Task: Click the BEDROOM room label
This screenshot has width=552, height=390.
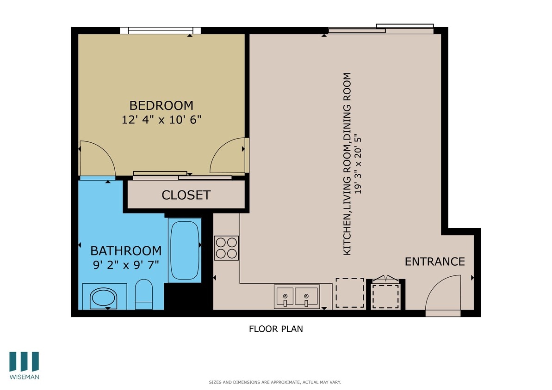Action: pyautogui.click(x=161, y=105)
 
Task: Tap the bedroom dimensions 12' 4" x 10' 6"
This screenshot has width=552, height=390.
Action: pyautogui.click(x=161, y=120)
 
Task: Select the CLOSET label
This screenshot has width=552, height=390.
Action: pyautogui.click(x=186, y=195)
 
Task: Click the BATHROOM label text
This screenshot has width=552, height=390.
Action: pyautogui.click(x=126, y=251)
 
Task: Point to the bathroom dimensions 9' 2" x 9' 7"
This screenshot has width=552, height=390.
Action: pyautogui.click(x=126, y=265)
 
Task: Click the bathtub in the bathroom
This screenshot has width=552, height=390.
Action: pyautogui.click(x=185, y=250)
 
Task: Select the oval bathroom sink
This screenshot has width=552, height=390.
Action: pyautogui.click(x=104, y=298)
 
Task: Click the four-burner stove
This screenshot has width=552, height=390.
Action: pyautogui.click(x=226, y=248)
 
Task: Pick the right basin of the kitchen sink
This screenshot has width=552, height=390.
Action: pyautogui.click(x=306, y=296)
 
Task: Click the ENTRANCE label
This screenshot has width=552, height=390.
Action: pyautogui.click(x=434, y=262)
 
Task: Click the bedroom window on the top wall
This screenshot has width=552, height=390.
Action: pyautogui.click(x=160, y=30)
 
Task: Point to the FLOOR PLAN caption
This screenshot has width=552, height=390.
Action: pyautogui.click(x=276, y=329)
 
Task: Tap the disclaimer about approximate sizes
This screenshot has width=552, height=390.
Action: pyautogui.click(x=275, y=383)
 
